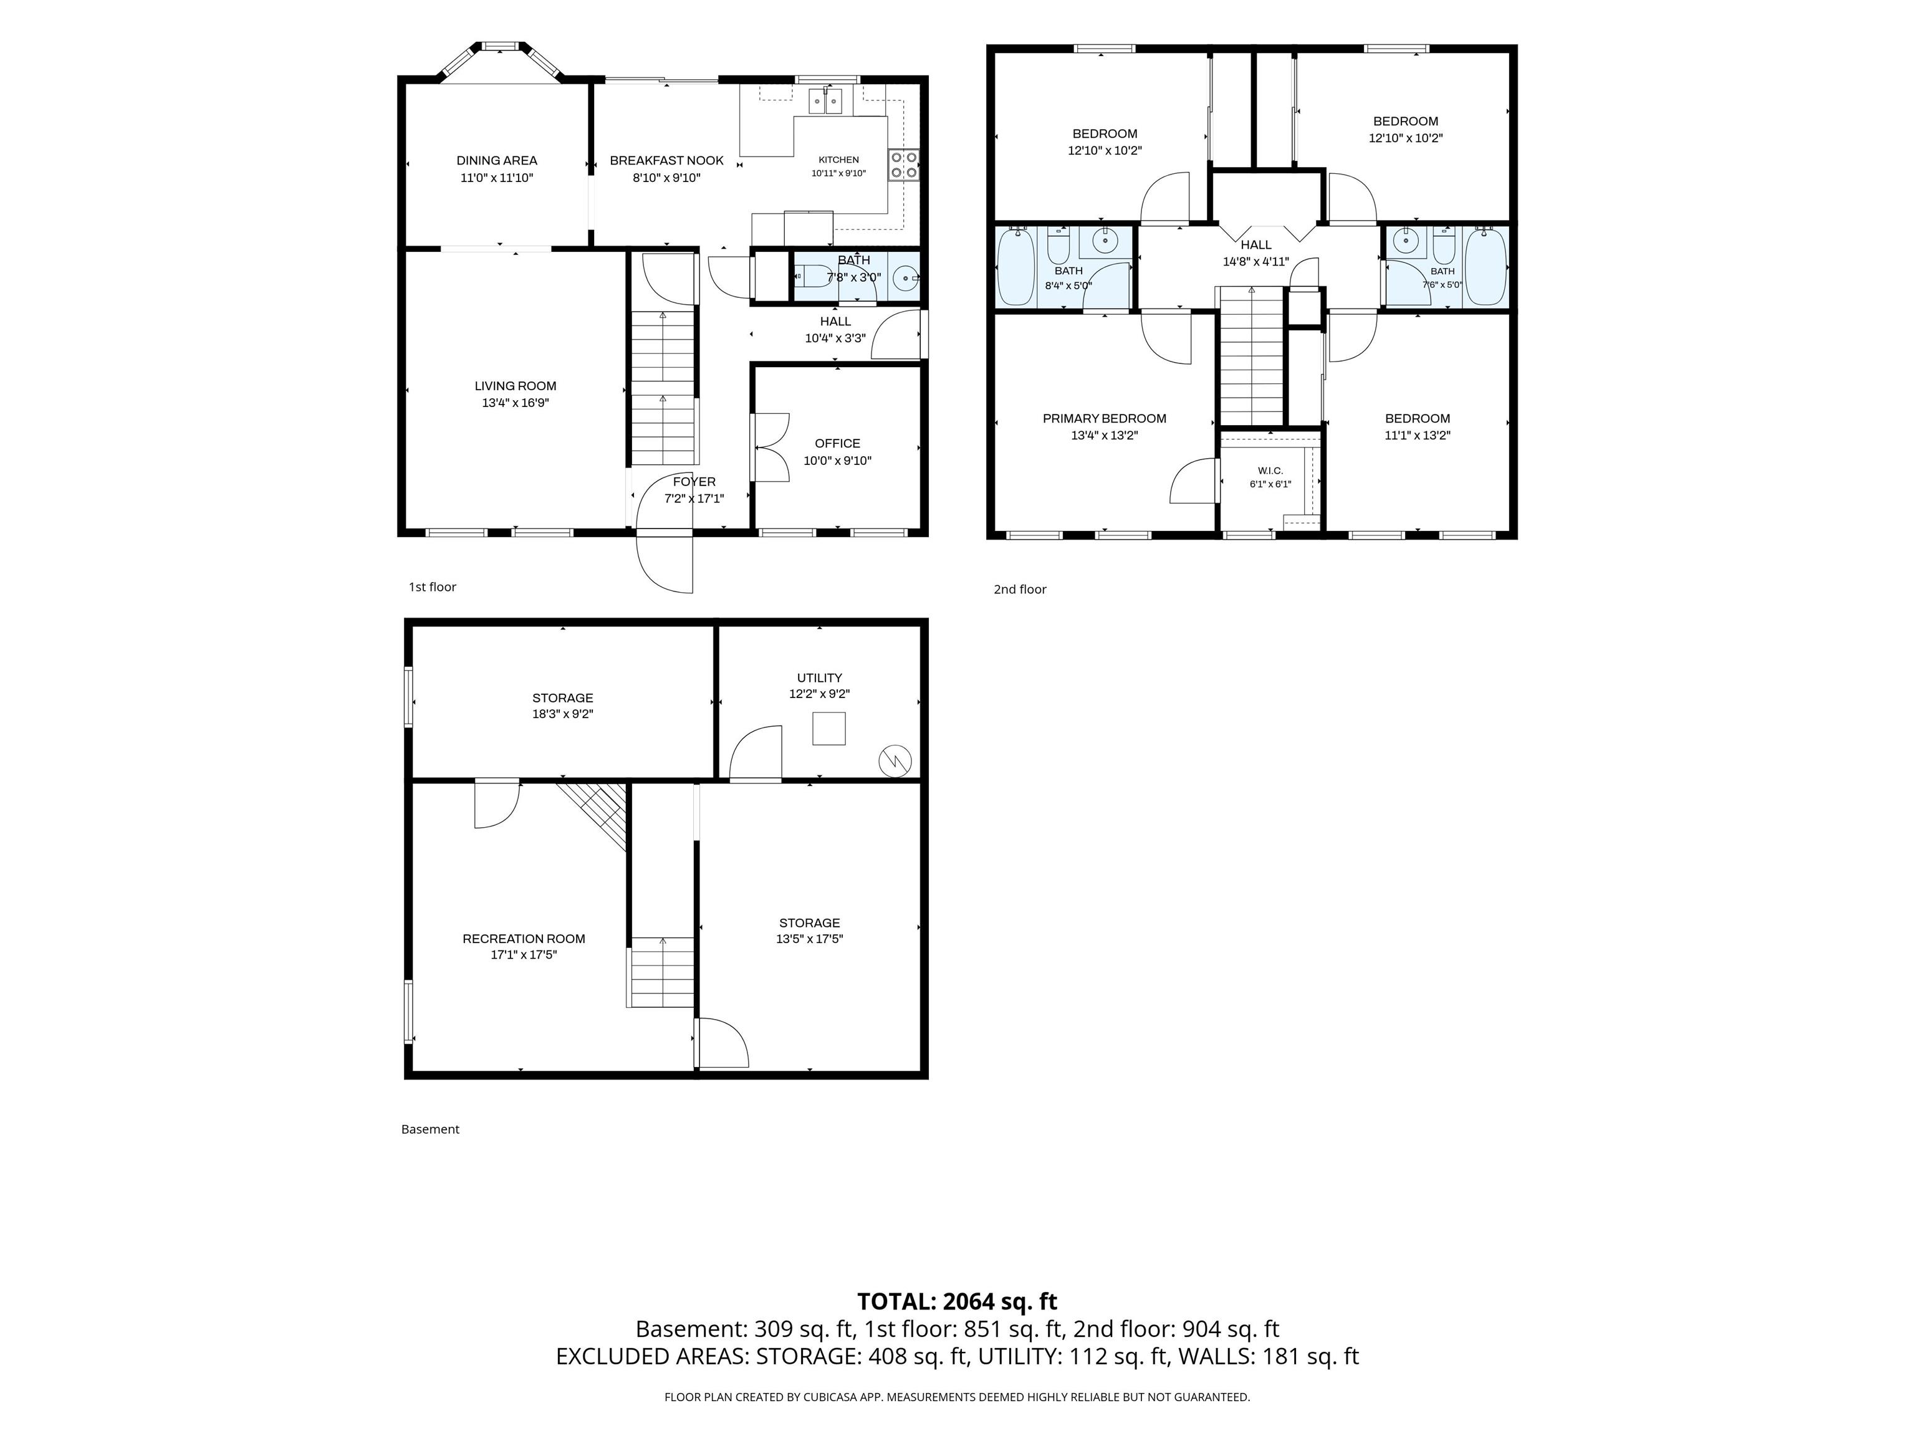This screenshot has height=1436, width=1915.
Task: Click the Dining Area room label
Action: tap(497, 160)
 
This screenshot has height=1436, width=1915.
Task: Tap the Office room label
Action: tap(837, 443)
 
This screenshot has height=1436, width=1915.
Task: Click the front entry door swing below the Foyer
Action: tap(665, 564)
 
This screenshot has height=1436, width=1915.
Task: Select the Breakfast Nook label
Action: tap(666, 160)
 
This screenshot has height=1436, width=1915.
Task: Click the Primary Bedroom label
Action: tap(1104, 418)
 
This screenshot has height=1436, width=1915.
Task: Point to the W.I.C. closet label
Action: tap(1270, 471)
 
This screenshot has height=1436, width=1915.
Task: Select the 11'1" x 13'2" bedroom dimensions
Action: tap(1417, 436)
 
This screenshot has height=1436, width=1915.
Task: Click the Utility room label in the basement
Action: tap(819, 677)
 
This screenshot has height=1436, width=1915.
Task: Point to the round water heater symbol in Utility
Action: tap(895, 761)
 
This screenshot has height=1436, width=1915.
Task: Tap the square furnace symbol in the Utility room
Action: tap(828, 728)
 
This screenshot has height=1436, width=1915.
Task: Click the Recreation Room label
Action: tap(524, 938)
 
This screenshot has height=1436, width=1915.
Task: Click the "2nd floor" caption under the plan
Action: tap(1020, 590)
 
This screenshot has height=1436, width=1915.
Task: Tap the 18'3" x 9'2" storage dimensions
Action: tap(563, 714)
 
